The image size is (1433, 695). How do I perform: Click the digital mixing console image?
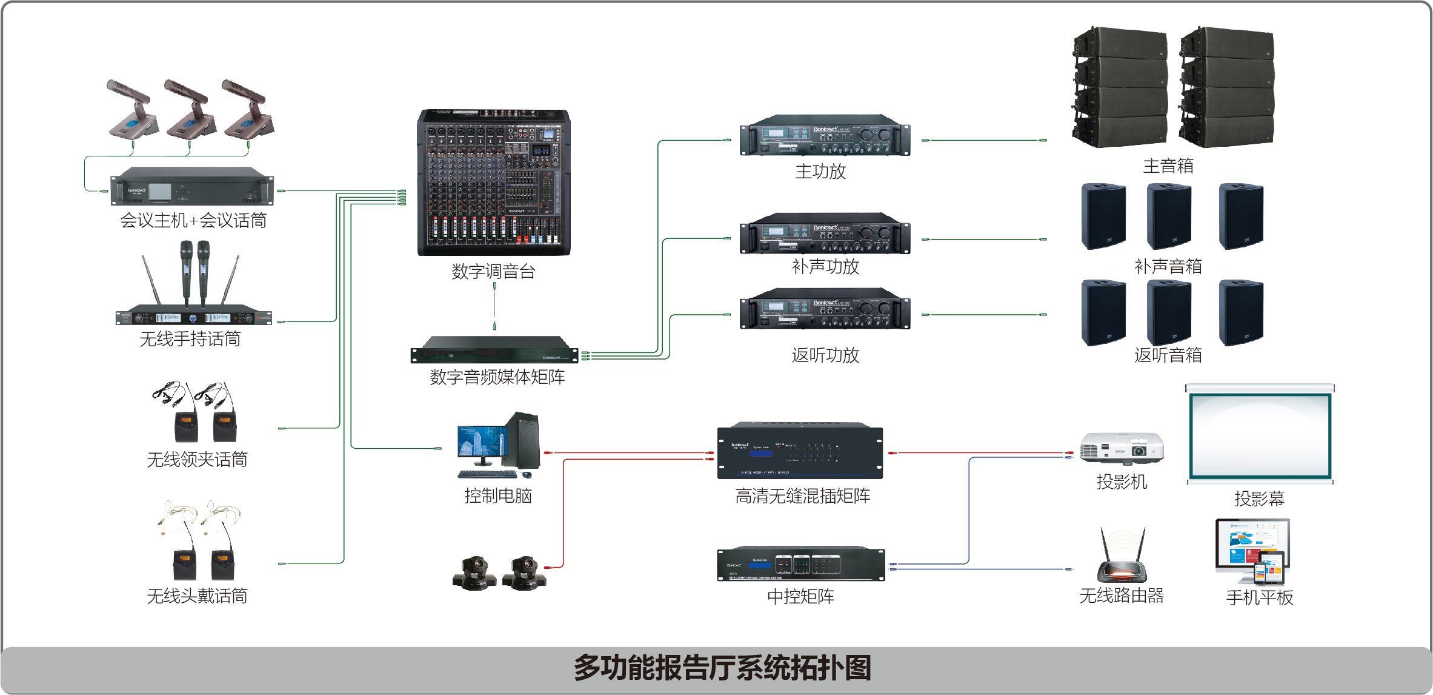pos(494,182)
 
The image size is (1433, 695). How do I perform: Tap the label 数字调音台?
pos(493,271)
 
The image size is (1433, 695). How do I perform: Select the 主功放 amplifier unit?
pos(825,136)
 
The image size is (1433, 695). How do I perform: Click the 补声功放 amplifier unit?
pos(825,234)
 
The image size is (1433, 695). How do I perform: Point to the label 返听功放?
pos(825,355)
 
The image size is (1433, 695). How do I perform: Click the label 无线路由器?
pos(1122,596)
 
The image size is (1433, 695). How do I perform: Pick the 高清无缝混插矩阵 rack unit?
pos(800,452)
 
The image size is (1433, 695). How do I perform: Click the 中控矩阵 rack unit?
pos(800,564)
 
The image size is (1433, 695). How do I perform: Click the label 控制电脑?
pos(498,495)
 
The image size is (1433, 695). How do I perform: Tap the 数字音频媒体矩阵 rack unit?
pos(494,351)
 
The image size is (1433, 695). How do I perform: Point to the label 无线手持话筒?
pos(190,338)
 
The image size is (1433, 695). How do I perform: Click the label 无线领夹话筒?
pos(197,459)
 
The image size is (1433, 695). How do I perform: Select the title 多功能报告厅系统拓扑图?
pos(722,668)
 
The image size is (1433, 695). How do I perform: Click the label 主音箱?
pos(1168,166)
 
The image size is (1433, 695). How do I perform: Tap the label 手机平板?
pos(1259,597)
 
